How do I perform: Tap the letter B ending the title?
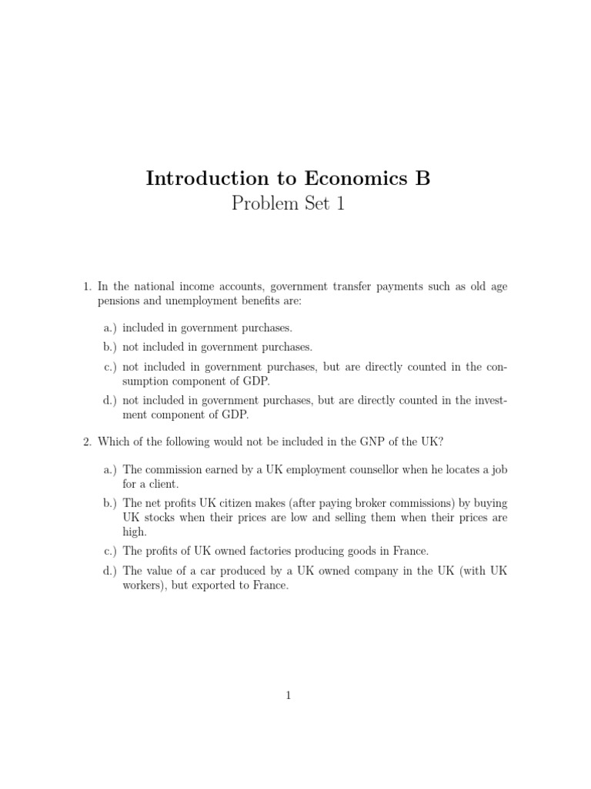click(x=422, y=179)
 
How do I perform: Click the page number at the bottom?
click(x=289, y=696)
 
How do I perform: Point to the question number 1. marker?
click(x=88, y=287)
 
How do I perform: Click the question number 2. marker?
click(x=88, y=442)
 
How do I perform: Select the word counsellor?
click(x=375, y=469)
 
